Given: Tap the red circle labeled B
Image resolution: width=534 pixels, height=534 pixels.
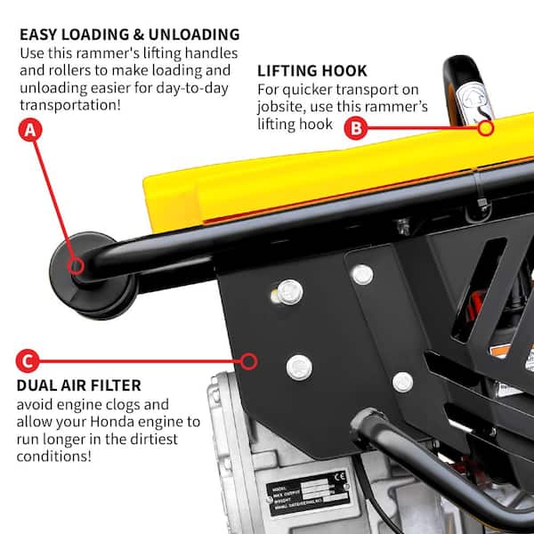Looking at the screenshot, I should click(x=356, y=128).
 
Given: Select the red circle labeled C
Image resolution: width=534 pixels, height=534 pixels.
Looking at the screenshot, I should click(x=28, y=362).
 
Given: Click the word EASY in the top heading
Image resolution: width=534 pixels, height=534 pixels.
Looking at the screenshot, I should click(x=40, y=35).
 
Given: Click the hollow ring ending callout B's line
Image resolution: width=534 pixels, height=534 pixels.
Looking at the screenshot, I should click(x=485, y=128).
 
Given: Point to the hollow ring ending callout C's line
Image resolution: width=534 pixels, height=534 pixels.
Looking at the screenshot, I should click(x=250, y=362).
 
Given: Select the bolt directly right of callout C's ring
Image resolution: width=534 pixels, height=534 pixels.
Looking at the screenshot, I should click(x=299, y=365).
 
